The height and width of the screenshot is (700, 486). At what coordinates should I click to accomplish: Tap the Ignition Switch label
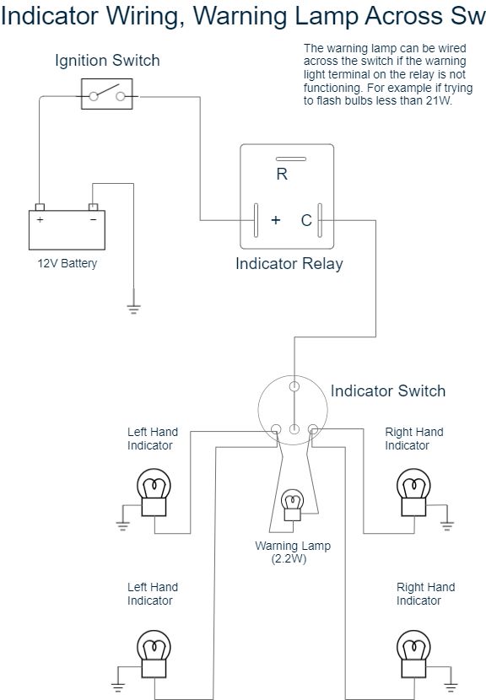[x=107, y=60]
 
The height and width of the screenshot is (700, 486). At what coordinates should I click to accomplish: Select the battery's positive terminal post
[x=40, y=207]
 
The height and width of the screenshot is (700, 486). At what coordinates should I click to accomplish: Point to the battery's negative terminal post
[x=93, y=207]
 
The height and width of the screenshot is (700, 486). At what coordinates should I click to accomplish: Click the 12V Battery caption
[x=67, y=263]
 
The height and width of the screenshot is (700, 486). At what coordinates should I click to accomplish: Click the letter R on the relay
[x=282, y=174]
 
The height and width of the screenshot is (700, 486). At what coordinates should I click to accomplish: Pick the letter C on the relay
[x=306, y=220]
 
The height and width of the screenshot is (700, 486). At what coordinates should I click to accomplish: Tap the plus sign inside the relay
[x=276, y=219]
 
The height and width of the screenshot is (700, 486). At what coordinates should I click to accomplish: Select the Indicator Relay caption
[x=289, y=263]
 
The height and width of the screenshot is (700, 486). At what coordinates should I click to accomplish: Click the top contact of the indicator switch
[x=294, y=386]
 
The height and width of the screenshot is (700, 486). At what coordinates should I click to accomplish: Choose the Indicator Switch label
[x=388, y=391]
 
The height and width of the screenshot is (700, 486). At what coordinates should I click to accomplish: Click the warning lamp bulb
[x=293, y=505]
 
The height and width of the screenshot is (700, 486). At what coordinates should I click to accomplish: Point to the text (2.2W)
[x=289, y=559]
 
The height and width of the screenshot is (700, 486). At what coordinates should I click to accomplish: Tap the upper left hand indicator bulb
[x=154, y=493]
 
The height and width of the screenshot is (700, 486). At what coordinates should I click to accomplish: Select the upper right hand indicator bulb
[x=413, y=493]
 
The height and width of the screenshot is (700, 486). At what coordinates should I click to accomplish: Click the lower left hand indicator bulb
[x=154, y=654]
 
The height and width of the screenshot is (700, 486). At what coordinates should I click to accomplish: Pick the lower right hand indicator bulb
[x=413, y=654]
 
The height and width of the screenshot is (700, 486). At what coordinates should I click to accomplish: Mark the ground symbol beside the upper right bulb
[x=446, y=525]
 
